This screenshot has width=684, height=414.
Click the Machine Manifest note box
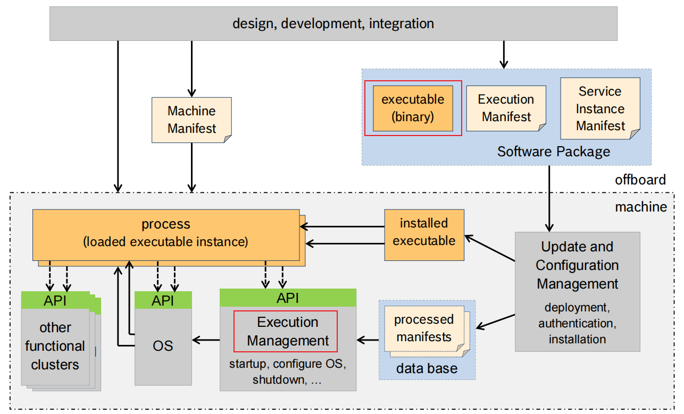click(x=191, y=120)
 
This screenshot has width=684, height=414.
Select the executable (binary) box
click(x=413, y=108)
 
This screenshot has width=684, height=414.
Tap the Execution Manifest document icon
click(x=506, y=108)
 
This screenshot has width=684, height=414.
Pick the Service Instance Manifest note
click(x=600, y=108)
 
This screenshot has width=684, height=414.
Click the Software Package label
click(x=553, y=151)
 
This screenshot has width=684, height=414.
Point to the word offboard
click(x=640, y=180)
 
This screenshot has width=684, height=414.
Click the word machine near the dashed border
click(x=640, y=207)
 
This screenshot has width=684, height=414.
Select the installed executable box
click(x=424, y=232)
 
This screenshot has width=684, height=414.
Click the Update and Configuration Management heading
click(x=577, y=265)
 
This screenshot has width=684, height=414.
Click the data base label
click(x=427, y=368)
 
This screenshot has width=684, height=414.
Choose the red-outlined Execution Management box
click(x=286, y=331)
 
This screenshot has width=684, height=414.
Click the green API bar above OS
click(x=163, y=300)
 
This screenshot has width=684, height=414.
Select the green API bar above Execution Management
click(x=288, y=298)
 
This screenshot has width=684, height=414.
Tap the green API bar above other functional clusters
click(x=55, y=300)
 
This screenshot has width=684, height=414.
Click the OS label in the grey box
click(x=163, y=345)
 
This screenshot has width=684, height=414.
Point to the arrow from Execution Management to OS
click(x=206, y=339)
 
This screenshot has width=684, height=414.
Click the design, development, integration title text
click(x=333, y=23)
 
